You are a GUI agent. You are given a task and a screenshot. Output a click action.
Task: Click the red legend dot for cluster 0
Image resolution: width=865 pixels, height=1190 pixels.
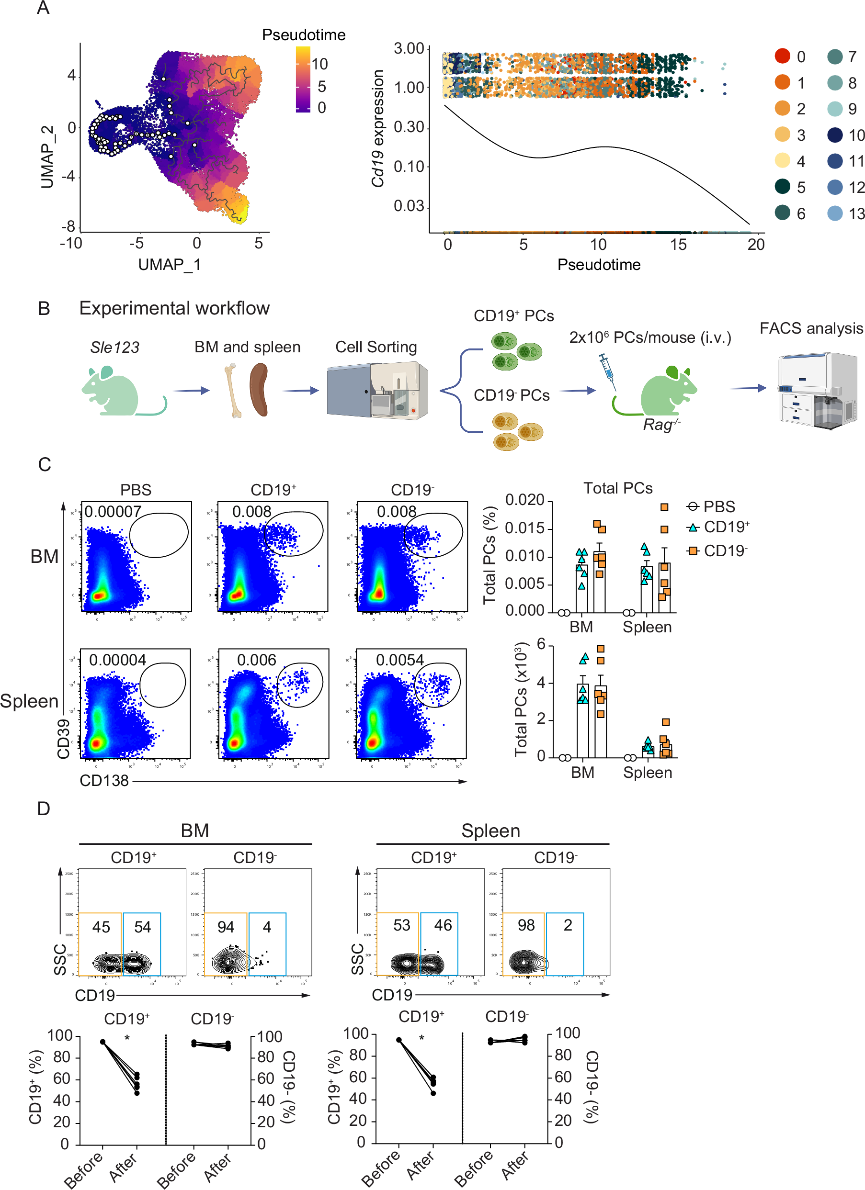tap(782, 56)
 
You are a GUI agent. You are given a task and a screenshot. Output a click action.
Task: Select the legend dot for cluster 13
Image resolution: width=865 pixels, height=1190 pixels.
tap(834, 213)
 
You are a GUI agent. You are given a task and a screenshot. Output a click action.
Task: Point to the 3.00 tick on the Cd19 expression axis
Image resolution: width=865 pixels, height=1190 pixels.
tap(409, 49)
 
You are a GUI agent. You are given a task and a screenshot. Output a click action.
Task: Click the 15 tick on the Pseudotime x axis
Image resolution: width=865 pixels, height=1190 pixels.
tap(678, 244)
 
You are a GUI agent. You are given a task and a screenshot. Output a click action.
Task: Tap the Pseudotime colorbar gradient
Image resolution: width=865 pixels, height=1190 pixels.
tap(303, 79)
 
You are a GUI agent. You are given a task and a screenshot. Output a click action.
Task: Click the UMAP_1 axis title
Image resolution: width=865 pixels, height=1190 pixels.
tap(169, 264)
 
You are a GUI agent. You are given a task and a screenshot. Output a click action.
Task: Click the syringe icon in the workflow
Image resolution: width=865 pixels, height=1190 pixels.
tap(607, 370)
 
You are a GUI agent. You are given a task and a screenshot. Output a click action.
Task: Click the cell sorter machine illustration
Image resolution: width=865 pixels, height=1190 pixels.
tap(377, 390)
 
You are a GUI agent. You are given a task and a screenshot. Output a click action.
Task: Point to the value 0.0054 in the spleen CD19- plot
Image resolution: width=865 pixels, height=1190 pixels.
tap(399, 660)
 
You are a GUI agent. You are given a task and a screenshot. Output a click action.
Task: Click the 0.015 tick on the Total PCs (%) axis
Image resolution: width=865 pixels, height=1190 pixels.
tap(524, 528)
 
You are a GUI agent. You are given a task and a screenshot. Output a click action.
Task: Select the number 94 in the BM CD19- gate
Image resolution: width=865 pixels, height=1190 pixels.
tap(226, 927)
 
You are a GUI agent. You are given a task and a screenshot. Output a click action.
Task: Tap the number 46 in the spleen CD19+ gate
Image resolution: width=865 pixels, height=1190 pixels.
tap(443, 925)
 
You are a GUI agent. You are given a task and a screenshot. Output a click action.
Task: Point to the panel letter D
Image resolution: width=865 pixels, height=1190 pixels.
tap(44, 808)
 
